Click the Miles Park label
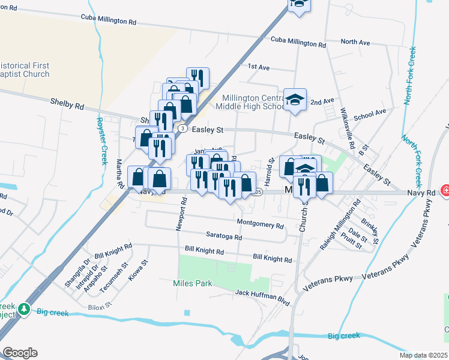pos(192,283)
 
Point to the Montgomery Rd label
pos(260,225)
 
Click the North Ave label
pos(355,42)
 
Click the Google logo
pos(20,353)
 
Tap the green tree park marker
pos(24,309)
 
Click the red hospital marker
pos(445,191)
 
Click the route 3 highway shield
pos(181,129)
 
